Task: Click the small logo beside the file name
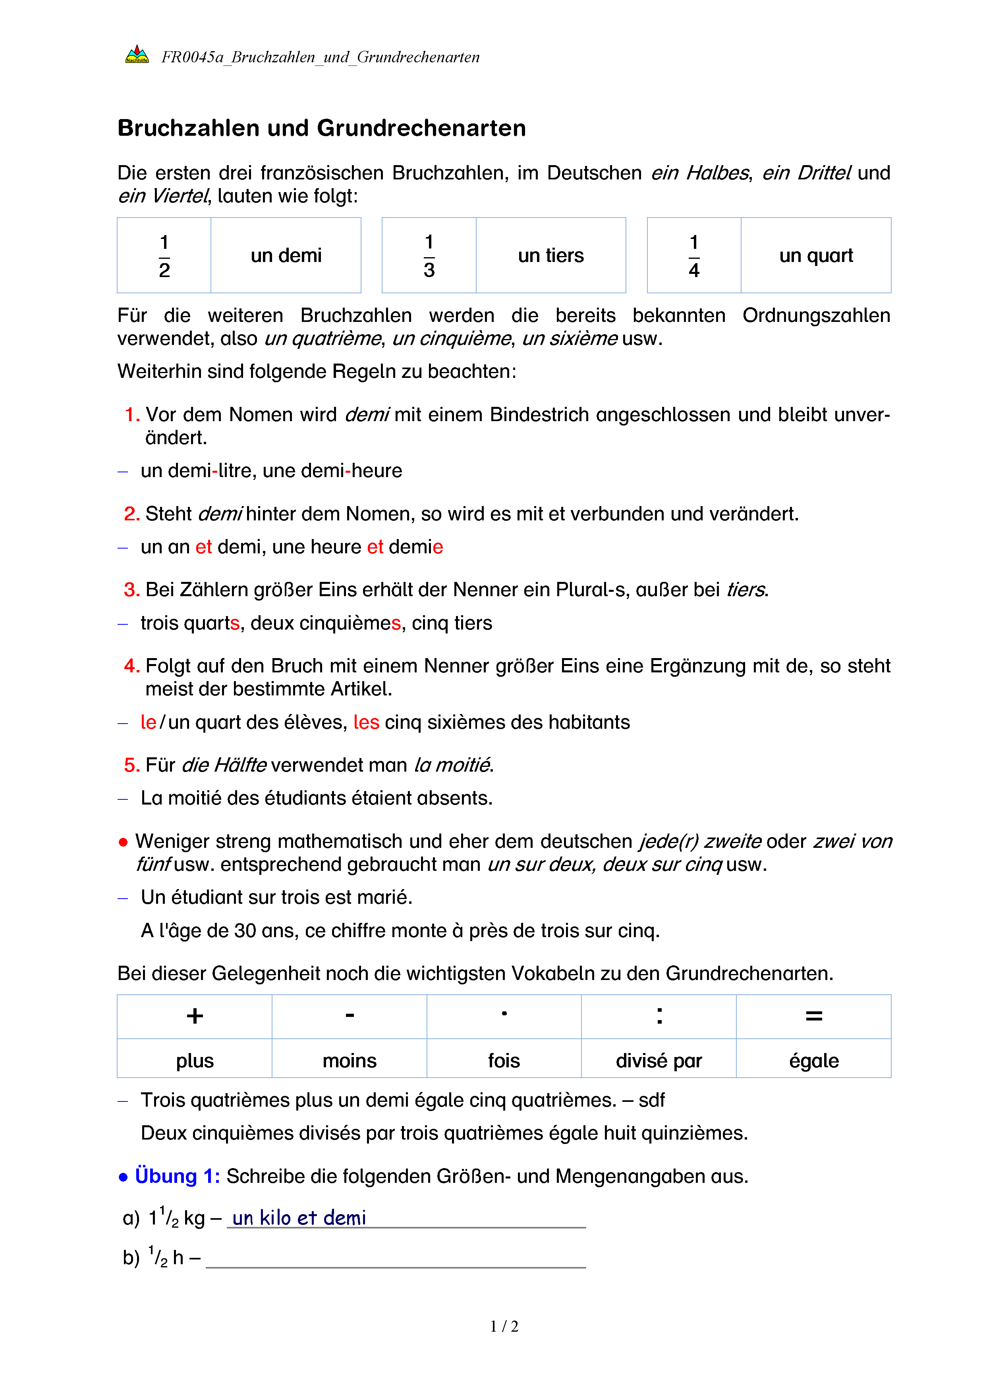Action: pos(137,55)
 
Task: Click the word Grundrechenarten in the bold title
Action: pos(421,129)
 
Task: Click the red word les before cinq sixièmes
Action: pos(366,722)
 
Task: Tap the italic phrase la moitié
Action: pos(452,765)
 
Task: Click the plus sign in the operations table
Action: pos(195,1016)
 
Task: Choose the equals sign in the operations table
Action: pos(814,1016)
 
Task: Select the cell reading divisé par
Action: pos(659,1060)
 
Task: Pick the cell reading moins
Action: pos(350,1060)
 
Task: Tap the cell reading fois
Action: pos(504,1060)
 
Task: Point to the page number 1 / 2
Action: pos(504,1327)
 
